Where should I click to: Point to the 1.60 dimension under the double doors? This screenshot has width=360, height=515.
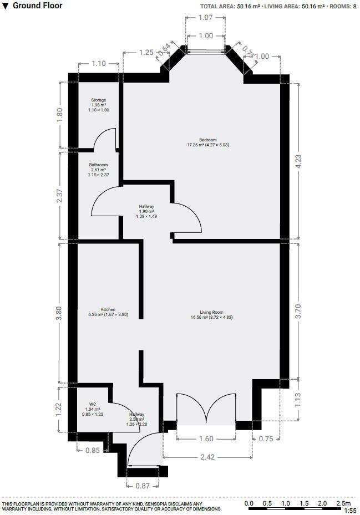pos(206,439)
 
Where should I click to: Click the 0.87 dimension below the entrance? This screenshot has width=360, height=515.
pos(142,486)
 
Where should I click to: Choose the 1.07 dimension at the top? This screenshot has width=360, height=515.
pos(205,18)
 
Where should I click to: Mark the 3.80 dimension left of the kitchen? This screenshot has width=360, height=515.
pos(59,312)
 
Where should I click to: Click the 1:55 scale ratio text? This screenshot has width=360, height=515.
pos(350,511)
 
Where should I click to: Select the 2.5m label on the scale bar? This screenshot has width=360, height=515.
pos(343,503)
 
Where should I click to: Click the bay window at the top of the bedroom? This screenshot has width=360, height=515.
pos(206,52)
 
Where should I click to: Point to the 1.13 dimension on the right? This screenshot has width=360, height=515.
pos(298,400)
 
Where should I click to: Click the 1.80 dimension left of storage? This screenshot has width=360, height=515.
pos(60,115)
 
